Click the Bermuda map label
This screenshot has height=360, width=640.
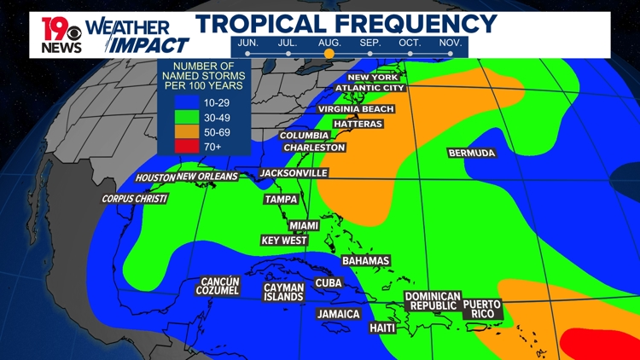471,154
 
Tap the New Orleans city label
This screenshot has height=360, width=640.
207,177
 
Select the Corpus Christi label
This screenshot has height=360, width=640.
135,199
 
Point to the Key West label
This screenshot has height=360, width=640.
284,241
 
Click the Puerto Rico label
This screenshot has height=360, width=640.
482,309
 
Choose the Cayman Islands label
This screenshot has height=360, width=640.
283,293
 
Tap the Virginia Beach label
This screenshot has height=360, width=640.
356,109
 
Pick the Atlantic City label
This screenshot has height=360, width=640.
369,88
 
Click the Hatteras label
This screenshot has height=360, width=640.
358,124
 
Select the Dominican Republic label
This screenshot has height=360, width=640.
433,301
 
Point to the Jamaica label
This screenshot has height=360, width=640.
339,314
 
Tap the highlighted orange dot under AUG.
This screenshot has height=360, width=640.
329,54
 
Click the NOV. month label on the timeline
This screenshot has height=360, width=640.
451,43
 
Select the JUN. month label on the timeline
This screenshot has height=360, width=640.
247,43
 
